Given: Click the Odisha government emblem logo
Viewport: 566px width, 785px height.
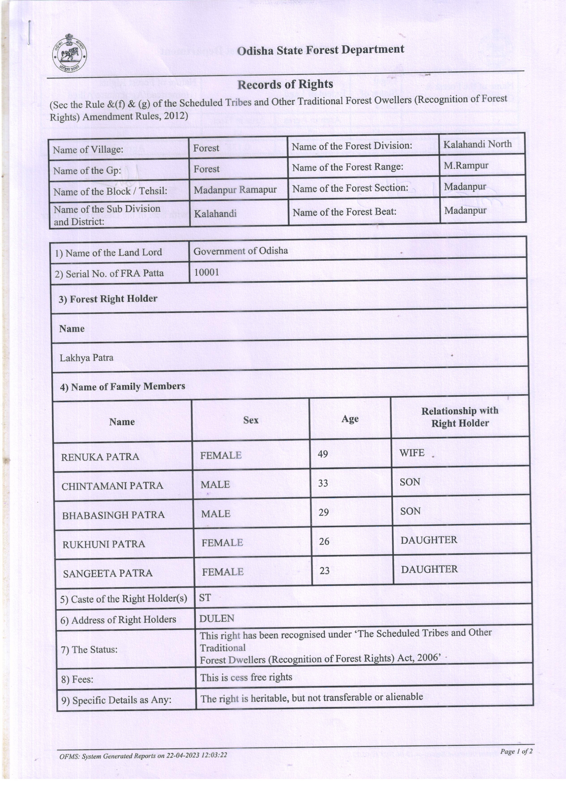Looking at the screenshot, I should point(69,54).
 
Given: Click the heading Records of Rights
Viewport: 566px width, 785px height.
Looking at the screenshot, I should point(285,84).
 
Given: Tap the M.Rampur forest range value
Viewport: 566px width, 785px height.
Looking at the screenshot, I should point(466,165).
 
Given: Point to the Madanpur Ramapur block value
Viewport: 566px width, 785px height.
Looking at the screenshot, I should point(235,190).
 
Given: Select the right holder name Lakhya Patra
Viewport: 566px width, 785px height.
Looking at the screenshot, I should point(87,357).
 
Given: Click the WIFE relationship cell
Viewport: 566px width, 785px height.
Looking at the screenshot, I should point(412,453).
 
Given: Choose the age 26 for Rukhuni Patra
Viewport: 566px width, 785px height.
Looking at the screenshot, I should point(324,541).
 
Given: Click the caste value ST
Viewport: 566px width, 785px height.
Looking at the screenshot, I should point(205,598).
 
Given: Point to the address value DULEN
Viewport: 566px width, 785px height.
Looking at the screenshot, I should point(217,618).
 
